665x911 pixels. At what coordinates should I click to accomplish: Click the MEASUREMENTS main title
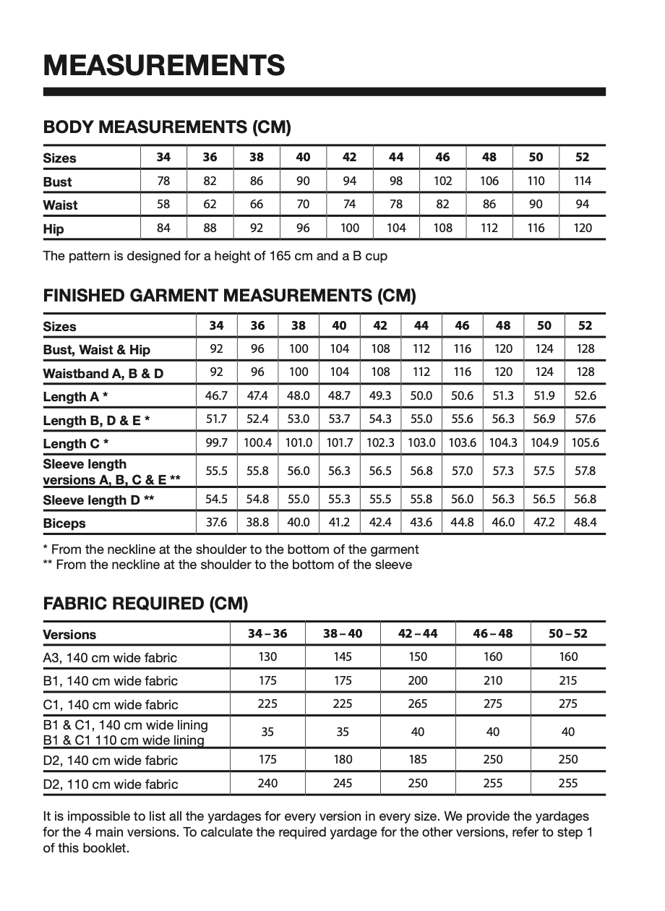click(164, 65)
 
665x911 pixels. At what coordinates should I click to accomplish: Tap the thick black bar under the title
click(325, 92)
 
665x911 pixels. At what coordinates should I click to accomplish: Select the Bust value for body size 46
click(442, 181)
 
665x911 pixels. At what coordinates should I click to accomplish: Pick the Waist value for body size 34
click(163, 204)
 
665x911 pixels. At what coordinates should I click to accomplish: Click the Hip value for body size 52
click(583, 228)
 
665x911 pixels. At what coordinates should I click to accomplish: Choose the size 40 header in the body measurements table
click(303, 157)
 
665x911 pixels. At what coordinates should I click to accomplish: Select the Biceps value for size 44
click(421, 522)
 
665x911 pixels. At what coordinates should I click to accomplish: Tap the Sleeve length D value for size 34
click(217, 499)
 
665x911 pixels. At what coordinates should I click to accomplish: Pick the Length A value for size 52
click(585, 395)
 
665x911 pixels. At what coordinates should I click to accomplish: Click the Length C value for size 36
click(258, 442)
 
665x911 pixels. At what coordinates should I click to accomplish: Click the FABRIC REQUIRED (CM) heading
click(146, 603)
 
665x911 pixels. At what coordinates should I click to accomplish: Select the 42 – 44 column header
click(418, 634)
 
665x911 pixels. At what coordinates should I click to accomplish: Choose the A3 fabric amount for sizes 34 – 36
click(267, 656)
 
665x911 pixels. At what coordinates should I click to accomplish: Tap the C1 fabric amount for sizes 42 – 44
click(418, 703)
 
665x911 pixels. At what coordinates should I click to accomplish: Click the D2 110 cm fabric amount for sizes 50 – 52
click(568, 783)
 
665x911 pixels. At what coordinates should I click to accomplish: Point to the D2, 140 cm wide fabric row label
click(111, 760)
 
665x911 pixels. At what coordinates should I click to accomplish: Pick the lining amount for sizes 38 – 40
click(343, 732)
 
